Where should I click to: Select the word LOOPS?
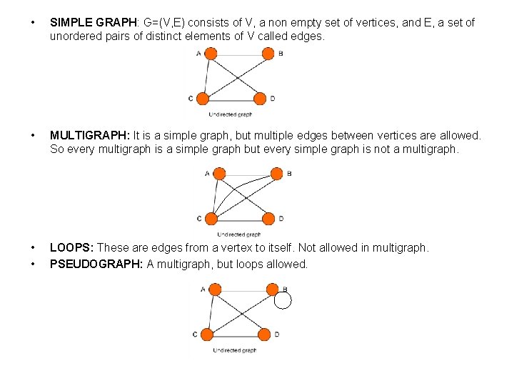71,247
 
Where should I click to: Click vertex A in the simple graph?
210,53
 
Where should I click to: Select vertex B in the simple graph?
268,53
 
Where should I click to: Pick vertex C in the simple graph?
203,99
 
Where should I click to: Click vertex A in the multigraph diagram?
219,173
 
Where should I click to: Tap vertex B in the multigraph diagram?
276,173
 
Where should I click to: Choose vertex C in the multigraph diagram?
211,219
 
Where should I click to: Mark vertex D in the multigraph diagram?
268,219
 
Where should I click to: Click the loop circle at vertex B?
283,300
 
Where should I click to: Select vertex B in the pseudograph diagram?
272,289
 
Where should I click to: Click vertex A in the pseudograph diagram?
215,289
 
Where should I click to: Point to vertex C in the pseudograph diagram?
207,335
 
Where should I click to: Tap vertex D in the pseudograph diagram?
264,335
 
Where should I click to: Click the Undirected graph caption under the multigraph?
239,234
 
